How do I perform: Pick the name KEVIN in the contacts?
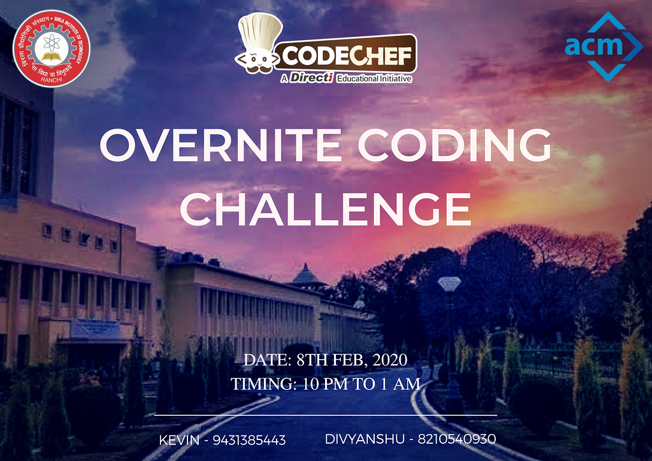pos(180,440)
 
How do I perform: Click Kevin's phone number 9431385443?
pos(249,440)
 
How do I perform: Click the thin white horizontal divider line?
pos(326,415)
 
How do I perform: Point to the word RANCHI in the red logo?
pos(52,80)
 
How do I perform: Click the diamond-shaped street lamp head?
pos(449,283)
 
